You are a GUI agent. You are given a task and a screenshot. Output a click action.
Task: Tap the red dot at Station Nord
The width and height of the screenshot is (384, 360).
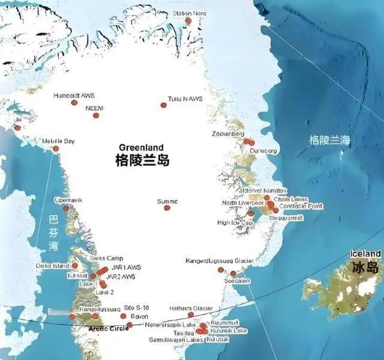point(188,21)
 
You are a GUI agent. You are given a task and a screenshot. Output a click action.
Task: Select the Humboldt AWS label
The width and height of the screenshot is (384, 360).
point(73,95)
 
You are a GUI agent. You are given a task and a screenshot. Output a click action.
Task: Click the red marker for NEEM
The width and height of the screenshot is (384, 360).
point(95,115)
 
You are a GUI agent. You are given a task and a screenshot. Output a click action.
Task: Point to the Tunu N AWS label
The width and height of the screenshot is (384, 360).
point(185,98)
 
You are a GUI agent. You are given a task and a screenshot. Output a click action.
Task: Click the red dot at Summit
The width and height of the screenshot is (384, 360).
point(167,208)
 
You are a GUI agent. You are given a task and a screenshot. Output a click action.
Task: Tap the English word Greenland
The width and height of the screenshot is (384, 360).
point(142,148)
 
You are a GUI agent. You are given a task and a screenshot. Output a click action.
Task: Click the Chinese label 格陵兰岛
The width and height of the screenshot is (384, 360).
point(142,161)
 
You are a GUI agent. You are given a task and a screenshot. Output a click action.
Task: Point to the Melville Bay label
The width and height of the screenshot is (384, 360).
point(58,141)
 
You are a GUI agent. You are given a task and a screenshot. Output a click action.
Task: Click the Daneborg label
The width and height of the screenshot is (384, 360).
point(263,151)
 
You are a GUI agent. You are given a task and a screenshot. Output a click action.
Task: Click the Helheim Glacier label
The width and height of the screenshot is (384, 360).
point(191,308)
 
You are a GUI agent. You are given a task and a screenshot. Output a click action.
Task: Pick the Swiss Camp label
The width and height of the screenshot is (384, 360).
point(107,258)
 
